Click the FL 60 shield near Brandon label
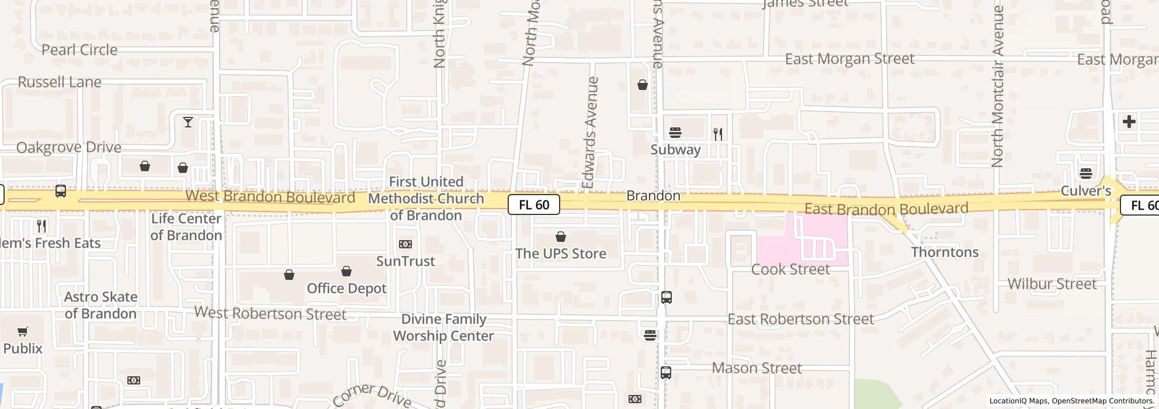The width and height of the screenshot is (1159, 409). (533, 204)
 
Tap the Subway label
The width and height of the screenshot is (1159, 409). (675, 150)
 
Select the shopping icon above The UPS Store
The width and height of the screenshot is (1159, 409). (561, 237)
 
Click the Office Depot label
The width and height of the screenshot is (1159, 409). (346, 289)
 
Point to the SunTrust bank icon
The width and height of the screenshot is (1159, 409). (405, 244)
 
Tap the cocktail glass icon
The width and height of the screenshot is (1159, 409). (188, 122)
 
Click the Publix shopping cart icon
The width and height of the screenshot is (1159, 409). (23, 332)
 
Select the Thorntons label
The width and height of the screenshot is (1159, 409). (945, 252)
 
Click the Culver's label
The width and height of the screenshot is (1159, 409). (1085, 191)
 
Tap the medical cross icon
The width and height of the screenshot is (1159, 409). (1129, 122)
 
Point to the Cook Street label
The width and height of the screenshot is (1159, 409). (790, 269)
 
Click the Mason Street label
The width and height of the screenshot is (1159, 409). (757, 368)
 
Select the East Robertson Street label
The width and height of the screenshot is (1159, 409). (800, 319)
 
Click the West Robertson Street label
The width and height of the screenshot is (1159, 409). (270, 314)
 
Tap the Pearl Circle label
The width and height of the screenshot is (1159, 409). (79, 50)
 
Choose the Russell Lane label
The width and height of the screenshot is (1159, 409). (60, 82)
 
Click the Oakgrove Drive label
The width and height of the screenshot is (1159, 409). (69, 147)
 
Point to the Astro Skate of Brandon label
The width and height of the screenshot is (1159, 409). (100, 305)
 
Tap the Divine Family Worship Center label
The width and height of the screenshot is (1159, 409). (443, 327)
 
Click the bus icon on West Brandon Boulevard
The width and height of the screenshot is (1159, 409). (60, 191)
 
